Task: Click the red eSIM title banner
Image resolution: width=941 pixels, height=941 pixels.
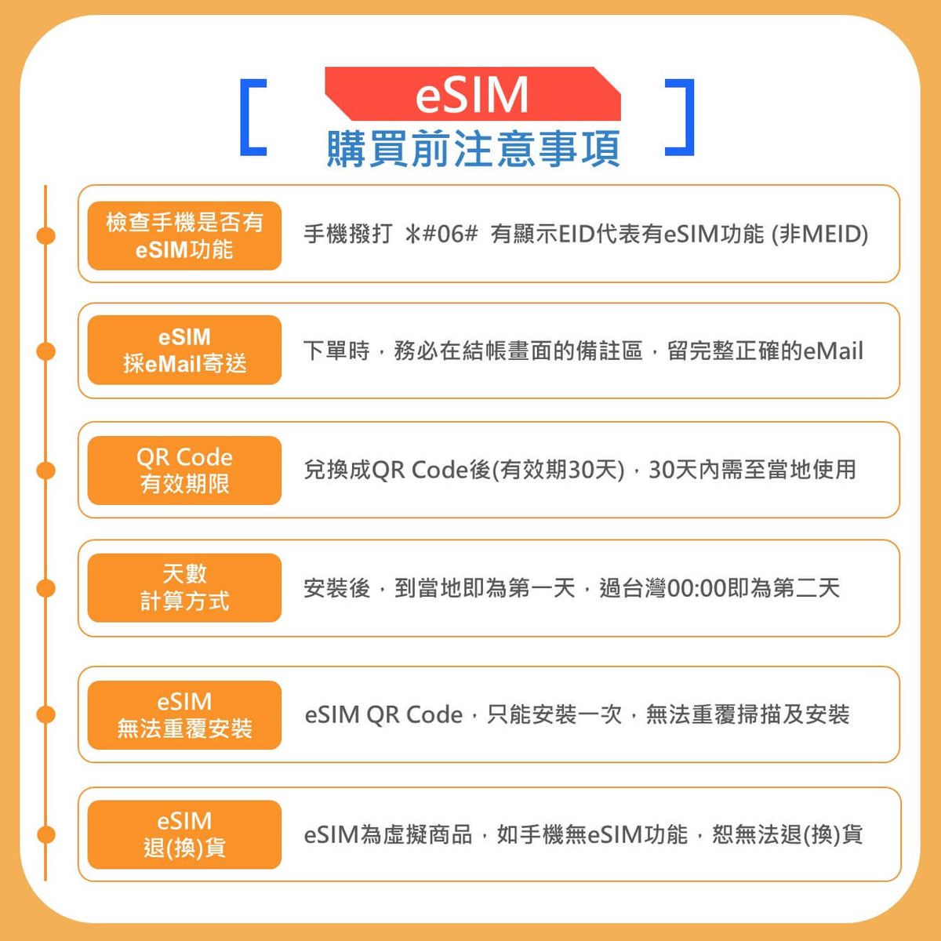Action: (x=473, y=94)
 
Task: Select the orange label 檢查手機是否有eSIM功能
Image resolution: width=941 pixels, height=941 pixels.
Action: (x=184, y=236)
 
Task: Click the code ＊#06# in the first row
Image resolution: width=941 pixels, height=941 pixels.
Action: (x=441, y=234)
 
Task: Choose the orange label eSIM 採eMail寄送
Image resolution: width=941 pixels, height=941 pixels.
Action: (x=184, y=350)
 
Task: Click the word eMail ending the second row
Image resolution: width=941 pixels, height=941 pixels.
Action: (x=833, y=351)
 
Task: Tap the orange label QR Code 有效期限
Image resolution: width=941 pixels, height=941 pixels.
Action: (x=184, y=470)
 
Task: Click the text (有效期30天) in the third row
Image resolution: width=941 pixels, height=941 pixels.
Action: (x=558, y=470)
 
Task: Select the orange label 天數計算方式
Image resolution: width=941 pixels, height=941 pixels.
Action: (x=184, y=587)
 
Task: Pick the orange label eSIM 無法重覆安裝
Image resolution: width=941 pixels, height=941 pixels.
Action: (x=184, y=715)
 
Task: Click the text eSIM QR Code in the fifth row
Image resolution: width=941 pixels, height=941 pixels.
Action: (x=383, y=715)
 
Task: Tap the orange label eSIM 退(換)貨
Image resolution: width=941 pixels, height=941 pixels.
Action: (x=184, y=834)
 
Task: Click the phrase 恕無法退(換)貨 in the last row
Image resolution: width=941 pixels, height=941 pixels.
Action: (x=787, y=834)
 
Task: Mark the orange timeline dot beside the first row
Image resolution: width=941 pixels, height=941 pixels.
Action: (x=46, y=236)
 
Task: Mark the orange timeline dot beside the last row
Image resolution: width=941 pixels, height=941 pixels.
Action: (x=46, y=834)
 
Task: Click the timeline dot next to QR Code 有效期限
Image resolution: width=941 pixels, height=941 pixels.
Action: (x=46, y=470)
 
